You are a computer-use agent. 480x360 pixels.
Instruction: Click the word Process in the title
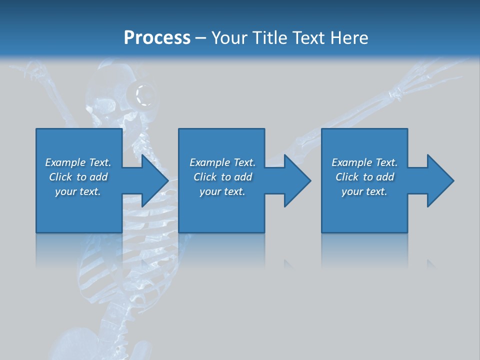157,38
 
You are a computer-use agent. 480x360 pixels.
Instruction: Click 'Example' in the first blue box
65,162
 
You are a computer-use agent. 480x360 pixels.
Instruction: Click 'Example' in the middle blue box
209,162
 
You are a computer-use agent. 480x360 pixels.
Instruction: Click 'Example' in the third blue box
351,162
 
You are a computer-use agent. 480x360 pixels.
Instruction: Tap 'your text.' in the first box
78,191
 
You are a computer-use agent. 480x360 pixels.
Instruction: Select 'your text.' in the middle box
222,191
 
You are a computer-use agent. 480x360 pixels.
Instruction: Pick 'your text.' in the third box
364,191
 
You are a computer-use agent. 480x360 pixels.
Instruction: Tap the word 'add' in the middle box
243,177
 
